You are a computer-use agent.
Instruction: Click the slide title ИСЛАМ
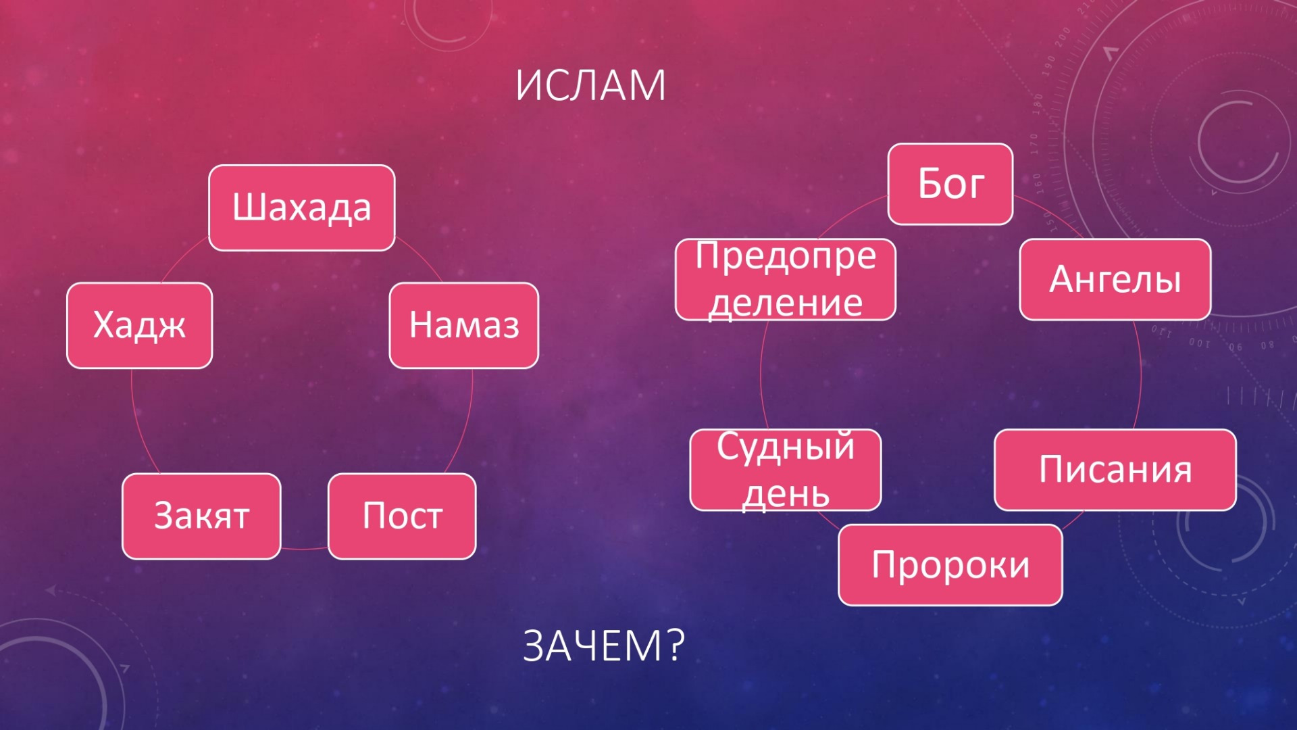[x=590, y=86]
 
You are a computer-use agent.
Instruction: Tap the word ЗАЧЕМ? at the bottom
[x=604, y=646]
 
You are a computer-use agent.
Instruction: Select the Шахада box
[x=302, y=208]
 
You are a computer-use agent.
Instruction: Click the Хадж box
[x=140, y=325]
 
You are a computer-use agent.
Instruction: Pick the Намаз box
[x=464, y=325]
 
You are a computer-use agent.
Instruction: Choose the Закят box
[x=201, y=516]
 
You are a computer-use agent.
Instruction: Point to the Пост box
[x=402, y=516]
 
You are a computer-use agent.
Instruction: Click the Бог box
[x=950, y=184]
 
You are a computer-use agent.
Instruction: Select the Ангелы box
[x=1115, y=279]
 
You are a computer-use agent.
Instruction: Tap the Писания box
[x=1115, y=470]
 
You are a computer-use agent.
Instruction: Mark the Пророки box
[x=950, y=565]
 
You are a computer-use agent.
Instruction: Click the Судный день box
[x=786, y=470]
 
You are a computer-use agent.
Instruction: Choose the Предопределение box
[x=786, y=279]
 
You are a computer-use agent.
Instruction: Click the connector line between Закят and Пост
[x=305, y=548]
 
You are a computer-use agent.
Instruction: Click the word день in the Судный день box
[x=786, y=494]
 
